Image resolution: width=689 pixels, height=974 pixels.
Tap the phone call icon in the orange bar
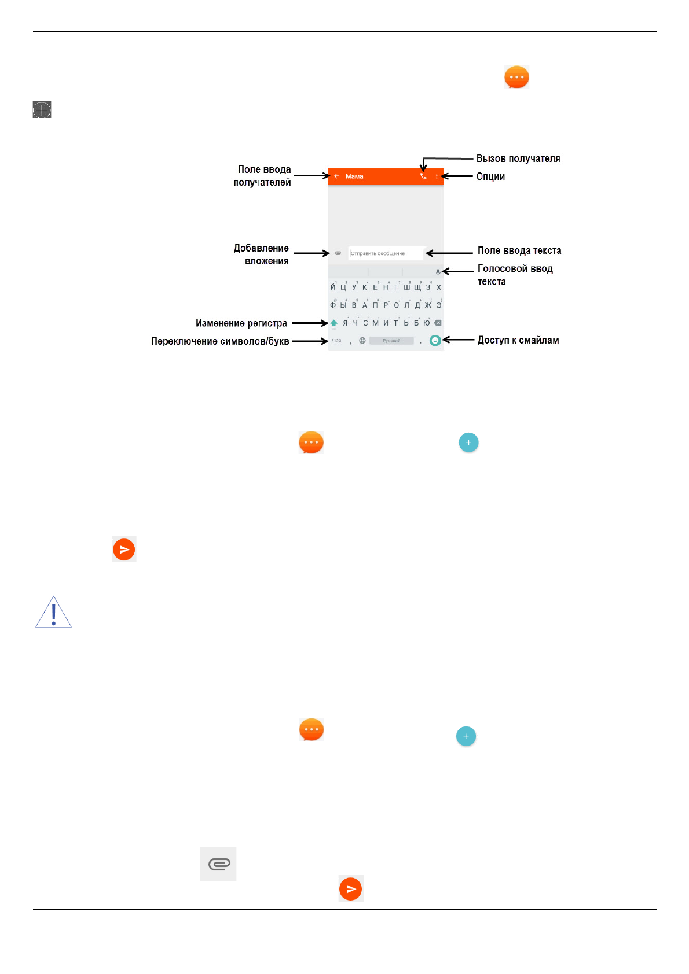[423, 176]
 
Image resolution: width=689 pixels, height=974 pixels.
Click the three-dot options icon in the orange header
[437, 176]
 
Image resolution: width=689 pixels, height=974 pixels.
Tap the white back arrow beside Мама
[336, 176]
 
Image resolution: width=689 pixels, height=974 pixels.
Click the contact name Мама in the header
[354, 176]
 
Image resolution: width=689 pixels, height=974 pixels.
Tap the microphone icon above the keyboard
[438, 272]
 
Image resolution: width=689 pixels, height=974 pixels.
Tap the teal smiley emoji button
[435, 341]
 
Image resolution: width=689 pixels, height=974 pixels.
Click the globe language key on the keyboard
[362, 341]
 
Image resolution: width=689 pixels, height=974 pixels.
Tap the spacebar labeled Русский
[391, 341]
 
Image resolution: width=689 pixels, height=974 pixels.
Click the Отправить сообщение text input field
[386, 253]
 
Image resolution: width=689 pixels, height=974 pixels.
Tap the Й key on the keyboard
[333, 287]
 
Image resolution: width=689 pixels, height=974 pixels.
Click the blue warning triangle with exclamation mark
[53, 613]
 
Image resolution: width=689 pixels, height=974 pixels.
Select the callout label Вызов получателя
[518, 158]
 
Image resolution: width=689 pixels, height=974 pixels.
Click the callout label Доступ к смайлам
[518, 340]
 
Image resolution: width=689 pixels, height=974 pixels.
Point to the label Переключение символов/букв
[220, 341]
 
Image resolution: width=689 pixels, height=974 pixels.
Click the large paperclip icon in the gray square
[218, 864]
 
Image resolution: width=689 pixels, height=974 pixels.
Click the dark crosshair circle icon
[42, 109]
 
